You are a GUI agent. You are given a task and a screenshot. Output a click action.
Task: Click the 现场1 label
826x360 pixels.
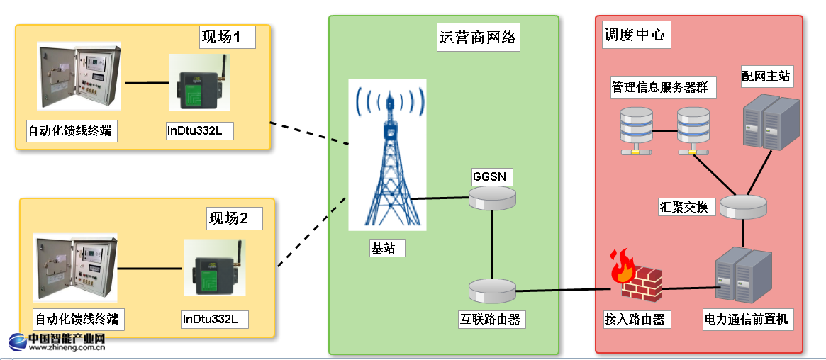point(226,38)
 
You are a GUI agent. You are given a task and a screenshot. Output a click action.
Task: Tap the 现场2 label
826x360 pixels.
point(233,218)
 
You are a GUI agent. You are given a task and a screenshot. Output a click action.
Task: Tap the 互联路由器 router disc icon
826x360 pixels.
point(492,288)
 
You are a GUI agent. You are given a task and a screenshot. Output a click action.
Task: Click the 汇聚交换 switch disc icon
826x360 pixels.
point(743,206)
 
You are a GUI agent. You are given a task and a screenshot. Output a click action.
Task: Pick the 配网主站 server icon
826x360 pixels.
point(770,122)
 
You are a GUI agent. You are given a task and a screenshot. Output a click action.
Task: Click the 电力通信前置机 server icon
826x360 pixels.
point(742,276)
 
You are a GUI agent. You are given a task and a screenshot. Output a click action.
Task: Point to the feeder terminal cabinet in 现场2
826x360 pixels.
point(75,269)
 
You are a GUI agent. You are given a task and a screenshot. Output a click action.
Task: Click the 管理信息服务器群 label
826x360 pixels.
point(664,88)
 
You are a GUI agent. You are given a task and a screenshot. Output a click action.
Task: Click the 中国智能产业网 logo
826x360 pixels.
point(57,342)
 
